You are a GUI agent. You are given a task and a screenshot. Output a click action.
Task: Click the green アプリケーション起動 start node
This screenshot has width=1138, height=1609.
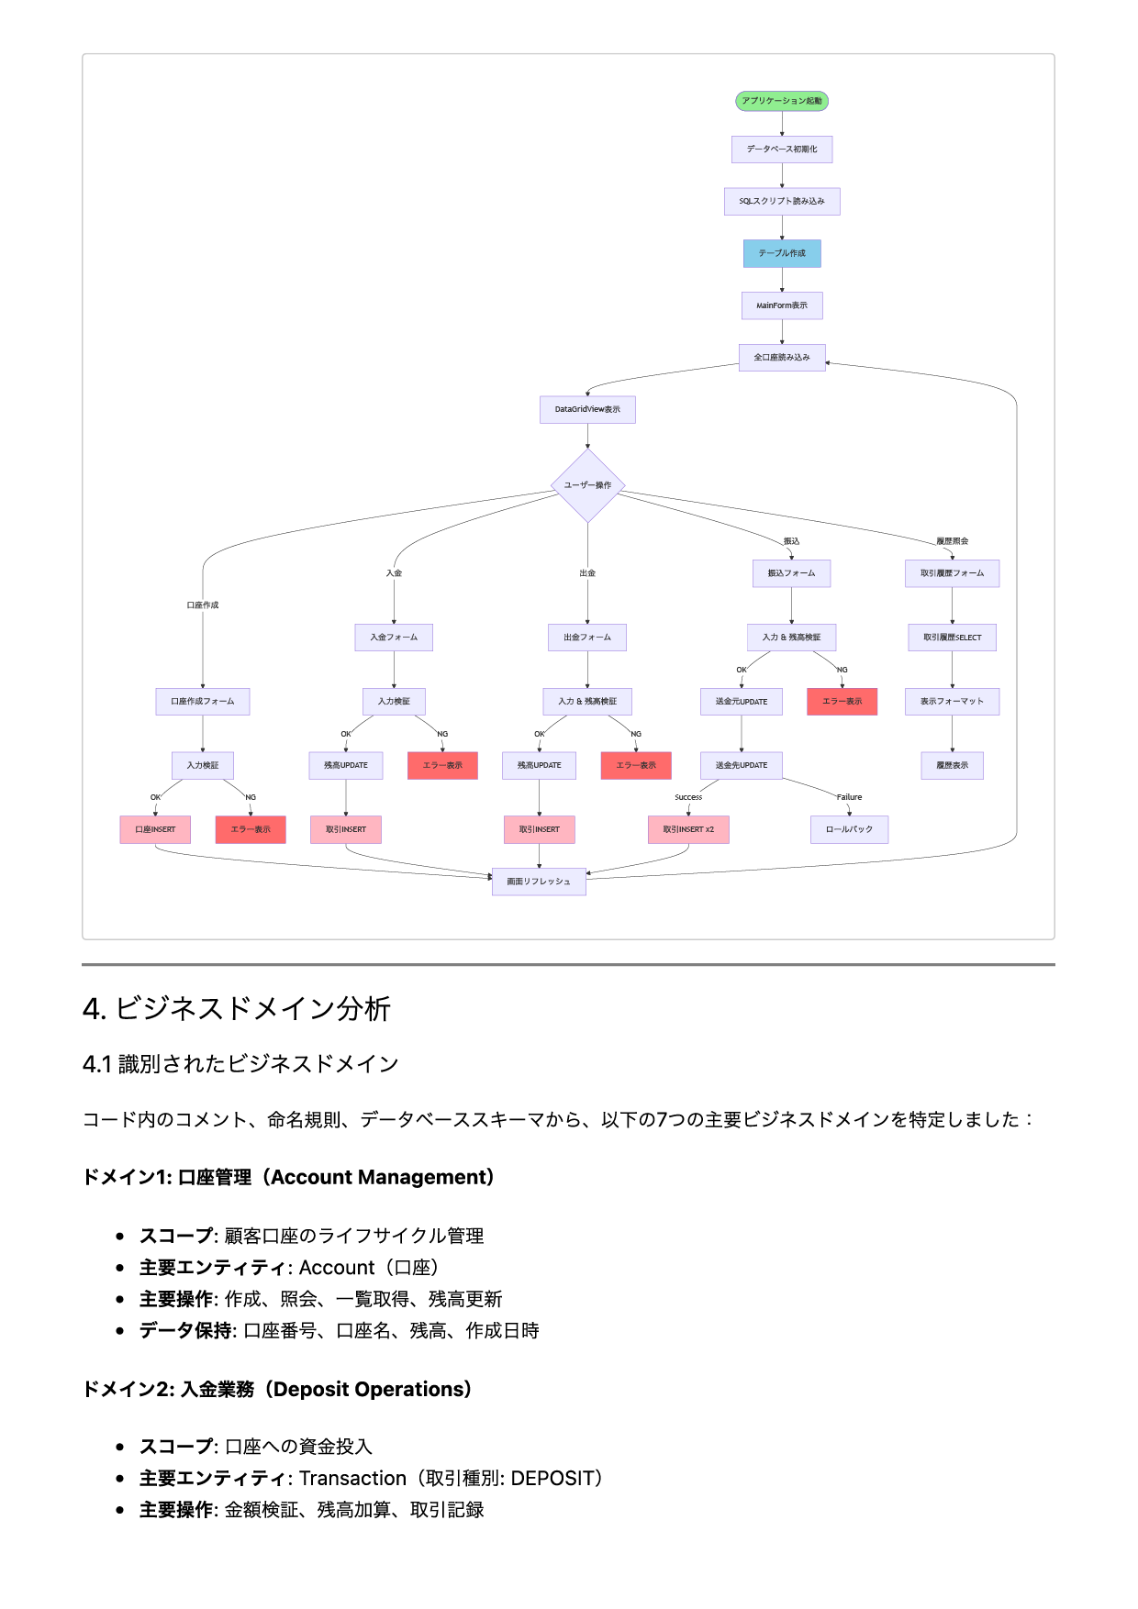782,101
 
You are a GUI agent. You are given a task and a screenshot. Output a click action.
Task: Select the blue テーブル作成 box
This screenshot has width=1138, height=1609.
782,253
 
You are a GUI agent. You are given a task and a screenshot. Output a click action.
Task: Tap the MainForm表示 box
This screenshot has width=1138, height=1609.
782,305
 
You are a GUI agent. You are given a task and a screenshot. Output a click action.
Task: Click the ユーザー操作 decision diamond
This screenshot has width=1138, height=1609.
587,485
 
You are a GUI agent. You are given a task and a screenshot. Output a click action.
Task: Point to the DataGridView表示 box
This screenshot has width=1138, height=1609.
587,409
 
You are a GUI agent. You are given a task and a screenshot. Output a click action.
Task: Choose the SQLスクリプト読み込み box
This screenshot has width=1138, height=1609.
782,201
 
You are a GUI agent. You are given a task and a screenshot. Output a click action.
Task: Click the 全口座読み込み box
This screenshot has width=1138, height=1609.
782,357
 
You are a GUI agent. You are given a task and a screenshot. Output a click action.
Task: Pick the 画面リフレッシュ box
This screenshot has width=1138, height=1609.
539,882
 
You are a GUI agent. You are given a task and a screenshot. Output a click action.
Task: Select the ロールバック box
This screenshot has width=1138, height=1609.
849,829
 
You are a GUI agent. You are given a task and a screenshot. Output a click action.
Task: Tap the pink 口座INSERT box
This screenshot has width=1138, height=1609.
155,829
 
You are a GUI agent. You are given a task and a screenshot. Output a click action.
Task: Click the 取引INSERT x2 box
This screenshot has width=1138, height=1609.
688,829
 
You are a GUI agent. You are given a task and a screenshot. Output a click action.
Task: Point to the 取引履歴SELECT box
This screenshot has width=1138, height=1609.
952,638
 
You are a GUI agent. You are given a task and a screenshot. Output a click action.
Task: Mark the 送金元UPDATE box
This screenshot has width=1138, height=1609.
742,702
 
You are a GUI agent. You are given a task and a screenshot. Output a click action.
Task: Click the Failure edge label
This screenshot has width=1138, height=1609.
849,797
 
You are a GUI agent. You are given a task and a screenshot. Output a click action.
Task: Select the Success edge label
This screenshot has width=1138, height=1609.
688,797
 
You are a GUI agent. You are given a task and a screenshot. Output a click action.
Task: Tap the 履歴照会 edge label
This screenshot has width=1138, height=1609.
952,541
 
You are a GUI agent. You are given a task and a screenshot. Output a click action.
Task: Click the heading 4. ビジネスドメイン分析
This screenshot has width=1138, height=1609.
237,1009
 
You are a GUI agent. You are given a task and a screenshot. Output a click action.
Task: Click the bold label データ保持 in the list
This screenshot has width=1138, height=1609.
187,1330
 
